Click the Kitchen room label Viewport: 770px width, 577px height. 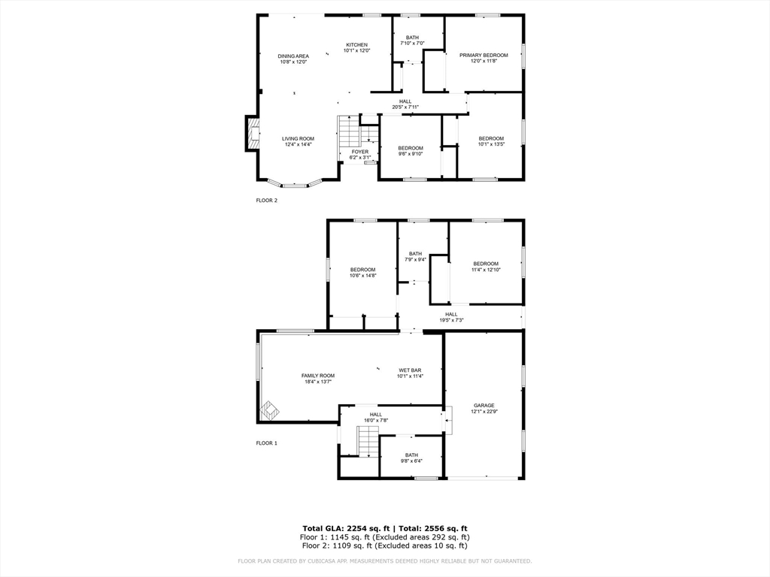point(356,45)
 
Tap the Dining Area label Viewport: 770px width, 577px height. point(293,56)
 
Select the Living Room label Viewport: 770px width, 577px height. point(298,139)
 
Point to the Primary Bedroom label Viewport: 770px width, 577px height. point(484,55)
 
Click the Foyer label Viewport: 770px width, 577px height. point(360,152)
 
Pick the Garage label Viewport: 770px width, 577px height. point(484,406)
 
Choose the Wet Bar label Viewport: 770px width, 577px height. point(410,370)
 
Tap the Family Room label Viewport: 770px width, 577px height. point(318,376)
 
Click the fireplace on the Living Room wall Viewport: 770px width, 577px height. point(253,134)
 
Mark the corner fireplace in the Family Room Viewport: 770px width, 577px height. point(269,410)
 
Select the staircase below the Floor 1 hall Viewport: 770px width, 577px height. point(367,441)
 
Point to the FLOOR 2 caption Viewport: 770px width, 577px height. point(267,201)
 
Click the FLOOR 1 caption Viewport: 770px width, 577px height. point(267,443)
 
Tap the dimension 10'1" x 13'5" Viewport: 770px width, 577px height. point(491,144)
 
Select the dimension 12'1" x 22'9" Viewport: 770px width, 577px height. point(484,412)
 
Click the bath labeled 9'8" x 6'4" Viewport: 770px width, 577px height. point(411,458)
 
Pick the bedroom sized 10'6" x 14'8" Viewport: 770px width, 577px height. point(362,273)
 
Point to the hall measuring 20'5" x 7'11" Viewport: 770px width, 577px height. point(405,104)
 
